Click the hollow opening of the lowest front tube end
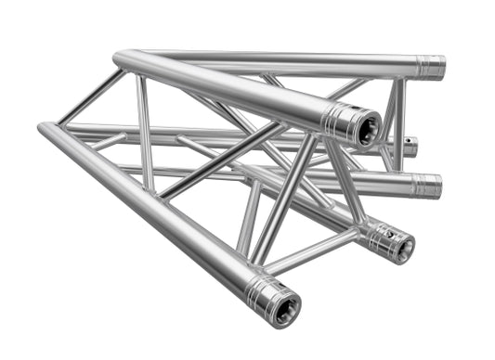pos(283,304)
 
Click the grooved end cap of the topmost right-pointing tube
pos(429,67)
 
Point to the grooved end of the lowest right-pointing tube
pos(426,185)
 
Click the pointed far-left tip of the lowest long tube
pos(41,126)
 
